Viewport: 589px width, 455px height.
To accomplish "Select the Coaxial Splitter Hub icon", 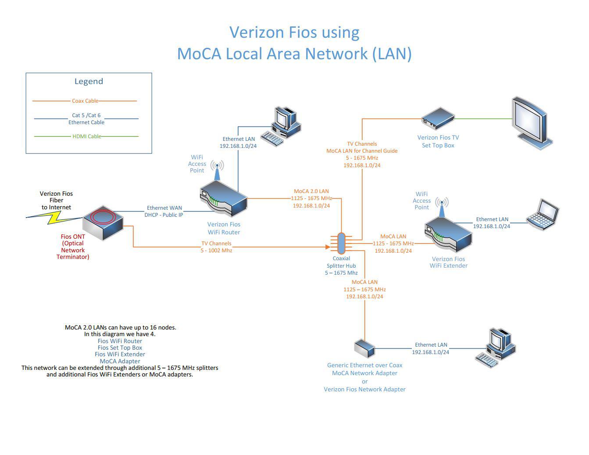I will (x=341, y=244).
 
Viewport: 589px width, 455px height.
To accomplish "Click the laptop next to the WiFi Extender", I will (x=543, y=215).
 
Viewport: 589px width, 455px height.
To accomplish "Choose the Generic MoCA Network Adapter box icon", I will (x=364, y=348).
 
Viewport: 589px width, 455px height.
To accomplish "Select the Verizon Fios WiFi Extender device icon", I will (x=448, y=235).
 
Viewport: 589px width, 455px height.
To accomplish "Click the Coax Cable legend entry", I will (x=85, y=101).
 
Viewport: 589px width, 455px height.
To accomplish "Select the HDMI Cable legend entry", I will (x=86, y=136).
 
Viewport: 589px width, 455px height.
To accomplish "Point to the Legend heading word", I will (x=89, y=81).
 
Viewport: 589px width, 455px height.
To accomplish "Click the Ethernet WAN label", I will (x=164, y=208).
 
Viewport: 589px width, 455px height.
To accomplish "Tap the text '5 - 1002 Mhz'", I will (x=216, y=250).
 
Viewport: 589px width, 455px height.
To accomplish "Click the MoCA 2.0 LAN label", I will (x=311, y=191).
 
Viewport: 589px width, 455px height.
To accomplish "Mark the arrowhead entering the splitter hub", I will (x=328, y=247).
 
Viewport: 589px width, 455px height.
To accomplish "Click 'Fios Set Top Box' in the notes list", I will (x=120, y=348).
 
